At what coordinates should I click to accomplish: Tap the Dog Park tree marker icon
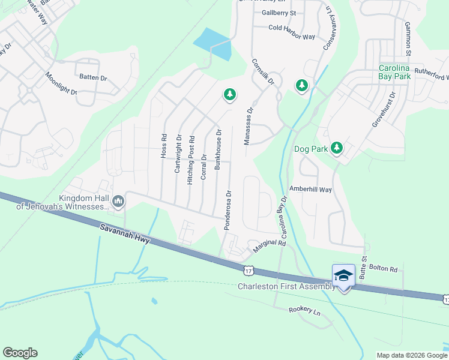[x=337, y=148]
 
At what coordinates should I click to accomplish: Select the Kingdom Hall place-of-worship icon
[x=118, y=202]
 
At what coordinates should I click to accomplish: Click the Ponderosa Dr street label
[x=228, y=210]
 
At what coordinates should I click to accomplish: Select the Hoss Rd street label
[x=163, y=146]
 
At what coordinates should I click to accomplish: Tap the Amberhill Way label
[x=310, y=189]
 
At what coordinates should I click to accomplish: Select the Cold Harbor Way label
[x=292, y=36]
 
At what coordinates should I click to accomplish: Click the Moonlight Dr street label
[x=61, y=84]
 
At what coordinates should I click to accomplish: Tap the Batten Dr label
[x=93, y=77]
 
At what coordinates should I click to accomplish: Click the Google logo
[x=20, y=353]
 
